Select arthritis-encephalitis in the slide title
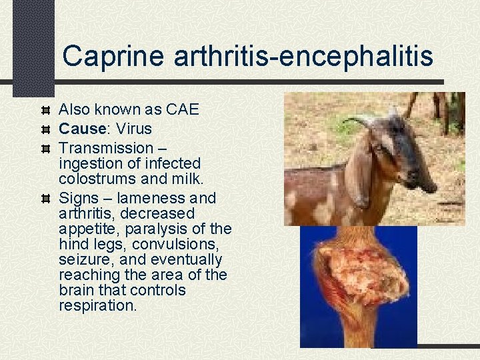tap(303, 57)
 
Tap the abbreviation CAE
tap(181, 109)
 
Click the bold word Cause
tap(82, 129)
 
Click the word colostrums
tap(97, 179)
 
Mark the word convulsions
tap(188, 244)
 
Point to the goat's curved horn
tap(360, 120)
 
